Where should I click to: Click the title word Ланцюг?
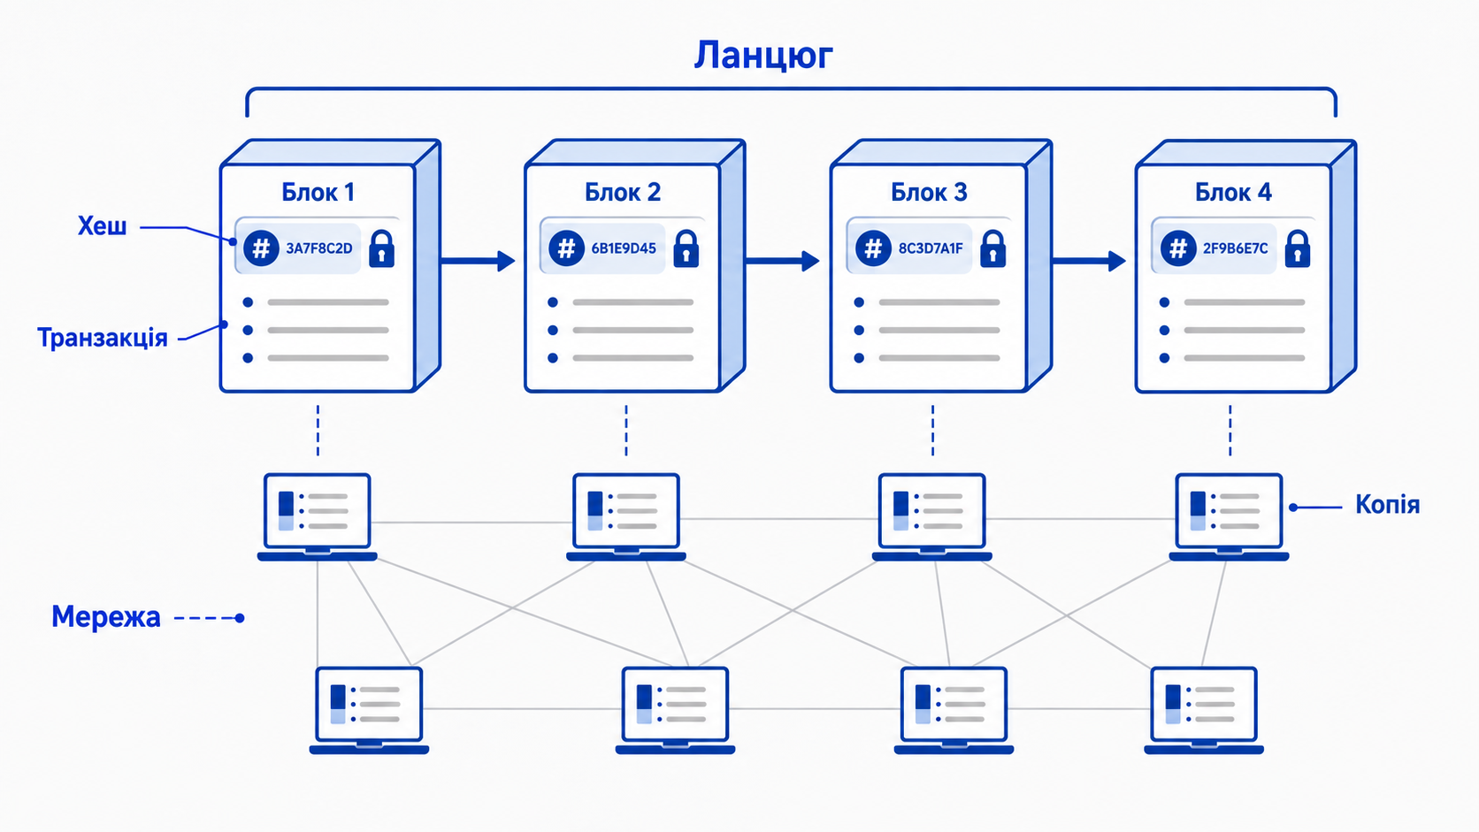(763, 56)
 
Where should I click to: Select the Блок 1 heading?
(318, 192)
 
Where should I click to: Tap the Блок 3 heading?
(929, 192)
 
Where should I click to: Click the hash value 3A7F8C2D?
(319, 248)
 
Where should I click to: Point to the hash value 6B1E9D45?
(624, 248)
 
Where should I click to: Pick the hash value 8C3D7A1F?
(931, 248)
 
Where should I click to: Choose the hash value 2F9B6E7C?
(1236, 248)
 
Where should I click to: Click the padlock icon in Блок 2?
(686, 248)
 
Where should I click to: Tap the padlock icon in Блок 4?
(1298, 248)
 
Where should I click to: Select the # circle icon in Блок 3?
(873, 248)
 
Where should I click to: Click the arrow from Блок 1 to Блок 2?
(478, 262)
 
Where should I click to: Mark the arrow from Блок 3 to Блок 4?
(1089, 262)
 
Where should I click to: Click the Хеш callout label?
(103, 226)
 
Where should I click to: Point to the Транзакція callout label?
(103, 338)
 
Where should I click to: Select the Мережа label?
(106, 617)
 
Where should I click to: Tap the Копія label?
(1387, 505)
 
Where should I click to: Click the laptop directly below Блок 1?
(317, 517)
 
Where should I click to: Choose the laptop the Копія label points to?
(1229, 517)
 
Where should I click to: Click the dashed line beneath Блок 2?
(626, 431)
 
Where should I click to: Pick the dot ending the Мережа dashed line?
(240, 618)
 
